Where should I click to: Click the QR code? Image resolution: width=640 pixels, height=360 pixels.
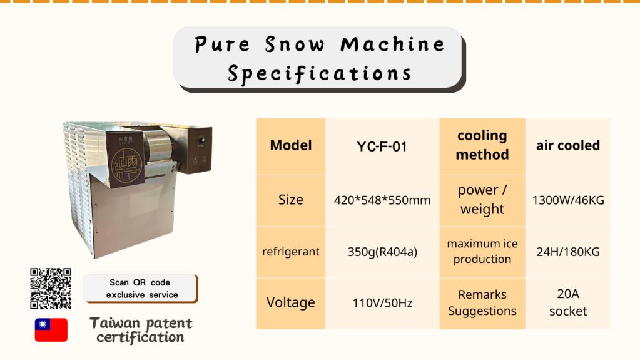[51, 289]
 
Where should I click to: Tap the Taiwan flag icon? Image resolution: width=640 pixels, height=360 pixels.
[51, 330]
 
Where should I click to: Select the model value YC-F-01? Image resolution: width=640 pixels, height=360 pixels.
[382, 147]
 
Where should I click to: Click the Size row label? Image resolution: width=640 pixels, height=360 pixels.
[291, 200]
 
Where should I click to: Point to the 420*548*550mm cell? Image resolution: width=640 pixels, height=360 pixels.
[382, 200]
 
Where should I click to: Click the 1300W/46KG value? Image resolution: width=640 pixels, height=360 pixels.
[568, 200]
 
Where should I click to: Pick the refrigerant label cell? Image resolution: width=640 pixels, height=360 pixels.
[291, 252]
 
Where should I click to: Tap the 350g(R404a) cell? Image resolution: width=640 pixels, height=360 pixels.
[382, 252]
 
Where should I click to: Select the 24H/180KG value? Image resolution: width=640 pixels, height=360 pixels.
[568, 252]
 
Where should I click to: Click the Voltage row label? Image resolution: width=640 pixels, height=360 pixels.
[291, 303]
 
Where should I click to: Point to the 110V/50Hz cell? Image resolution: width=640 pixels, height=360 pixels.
[382, 303]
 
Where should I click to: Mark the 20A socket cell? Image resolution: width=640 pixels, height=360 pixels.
[568, 303]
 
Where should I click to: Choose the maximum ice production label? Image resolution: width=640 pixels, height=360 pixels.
[482, 252]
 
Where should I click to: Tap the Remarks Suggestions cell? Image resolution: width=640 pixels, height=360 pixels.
[482, 303]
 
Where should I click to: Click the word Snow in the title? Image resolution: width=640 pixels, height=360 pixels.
[295, 44]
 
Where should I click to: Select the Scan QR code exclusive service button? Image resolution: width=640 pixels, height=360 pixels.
[140, 289]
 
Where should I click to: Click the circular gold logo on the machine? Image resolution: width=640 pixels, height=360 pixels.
[126, 165]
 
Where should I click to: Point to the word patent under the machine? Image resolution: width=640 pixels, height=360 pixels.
[168, 324]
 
